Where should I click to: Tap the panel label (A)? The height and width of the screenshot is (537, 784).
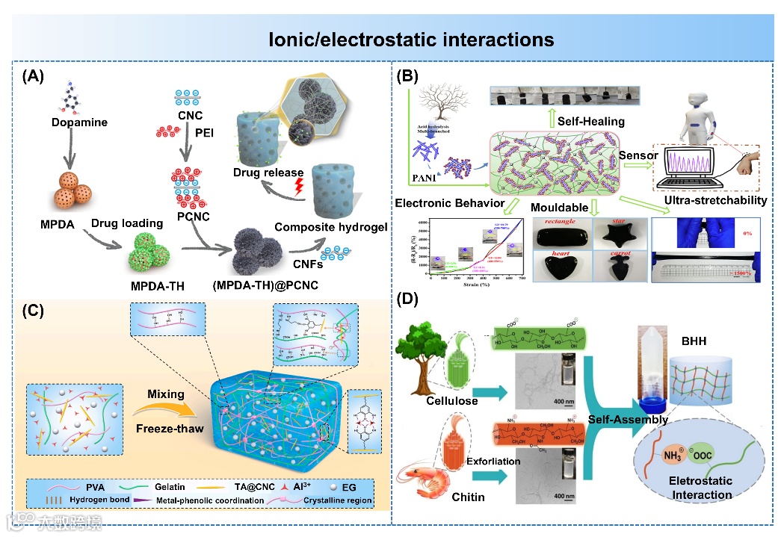35,75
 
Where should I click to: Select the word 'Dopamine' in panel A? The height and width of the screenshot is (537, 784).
79,122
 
